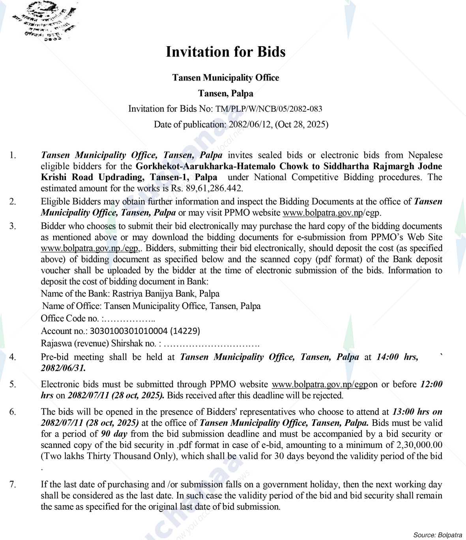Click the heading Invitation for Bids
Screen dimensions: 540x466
coord(225,52)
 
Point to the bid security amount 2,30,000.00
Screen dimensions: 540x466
coord(419,445)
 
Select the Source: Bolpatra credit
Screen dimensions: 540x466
coord(437,535)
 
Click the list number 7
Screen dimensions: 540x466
coord(13,484)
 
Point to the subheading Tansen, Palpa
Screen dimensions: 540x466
coord(225,93)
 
